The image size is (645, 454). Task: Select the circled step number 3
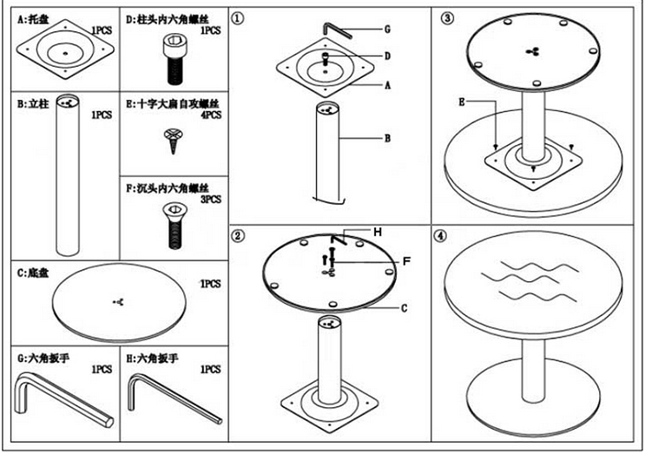[446, 18]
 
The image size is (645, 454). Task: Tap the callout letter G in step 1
[386, 29]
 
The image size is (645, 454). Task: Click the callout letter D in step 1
[387, 56]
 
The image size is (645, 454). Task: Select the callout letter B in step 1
[387, 136]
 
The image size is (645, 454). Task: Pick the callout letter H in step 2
[378, 232]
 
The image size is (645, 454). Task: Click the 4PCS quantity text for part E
[211, 114]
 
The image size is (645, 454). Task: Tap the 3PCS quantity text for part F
[211, 199]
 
